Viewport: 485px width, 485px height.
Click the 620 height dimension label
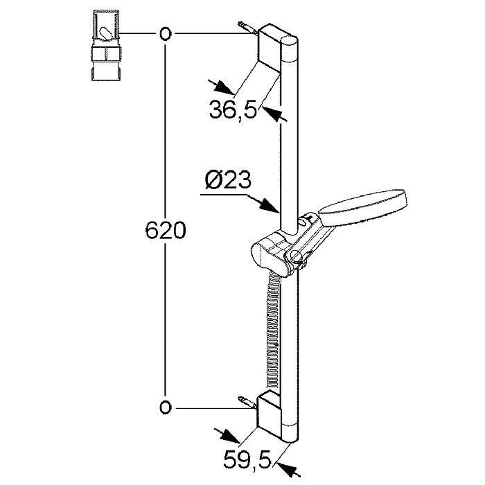click(x=166, y=231)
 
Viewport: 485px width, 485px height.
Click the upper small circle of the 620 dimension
click(x=165, y=33)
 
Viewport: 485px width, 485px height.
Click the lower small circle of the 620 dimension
click(x=165, y=407)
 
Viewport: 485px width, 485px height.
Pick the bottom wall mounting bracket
click(x=270, y=414)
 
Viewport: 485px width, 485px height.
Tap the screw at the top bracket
click(x=247, y=28)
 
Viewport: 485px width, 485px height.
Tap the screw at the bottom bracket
click(x=247, y=403)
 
